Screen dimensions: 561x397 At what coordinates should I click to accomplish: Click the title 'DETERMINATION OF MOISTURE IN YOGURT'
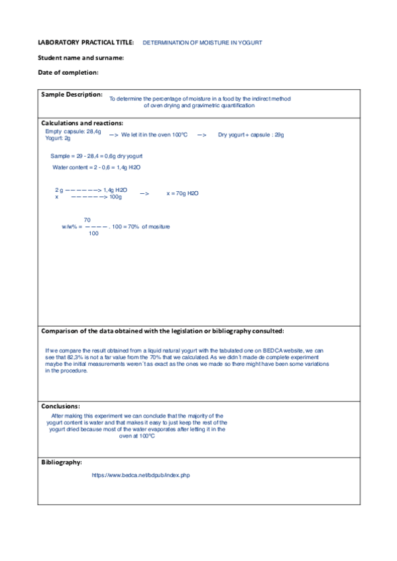tap(202, 42)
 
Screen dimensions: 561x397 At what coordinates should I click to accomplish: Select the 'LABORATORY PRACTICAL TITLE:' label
tap(86, 42)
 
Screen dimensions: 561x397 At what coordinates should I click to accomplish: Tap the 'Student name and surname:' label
tap(81, 58)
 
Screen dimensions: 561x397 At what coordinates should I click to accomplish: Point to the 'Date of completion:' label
tap(68, 72)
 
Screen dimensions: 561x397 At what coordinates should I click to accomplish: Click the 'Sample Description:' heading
tap(72, 95)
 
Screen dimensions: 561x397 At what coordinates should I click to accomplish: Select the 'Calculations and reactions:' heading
tap(82, 123)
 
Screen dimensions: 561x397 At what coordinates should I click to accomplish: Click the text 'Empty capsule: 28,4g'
tap(74, 131)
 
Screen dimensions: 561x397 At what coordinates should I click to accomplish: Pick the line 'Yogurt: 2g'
tap(58, 138)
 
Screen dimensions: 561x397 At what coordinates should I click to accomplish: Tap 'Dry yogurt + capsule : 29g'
tap(251, 135)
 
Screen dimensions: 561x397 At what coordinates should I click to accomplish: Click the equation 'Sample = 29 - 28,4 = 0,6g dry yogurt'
tap(95, 155)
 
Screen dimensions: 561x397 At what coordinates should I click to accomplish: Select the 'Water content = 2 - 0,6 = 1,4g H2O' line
tap(96, 168)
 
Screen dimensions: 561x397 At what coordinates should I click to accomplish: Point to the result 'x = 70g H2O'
tap(182, 193)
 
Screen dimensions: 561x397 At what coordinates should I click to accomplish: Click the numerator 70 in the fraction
tap(87, 220)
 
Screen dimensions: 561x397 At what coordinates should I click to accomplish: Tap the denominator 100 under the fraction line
tap(93, 234)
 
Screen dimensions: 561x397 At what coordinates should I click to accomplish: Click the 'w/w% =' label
tap(72, 226)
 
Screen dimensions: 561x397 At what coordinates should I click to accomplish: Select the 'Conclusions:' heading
tap(60, 406)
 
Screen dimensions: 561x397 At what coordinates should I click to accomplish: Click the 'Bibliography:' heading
tap(61, 462)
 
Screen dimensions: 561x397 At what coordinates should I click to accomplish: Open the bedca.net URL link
tap(141, 475)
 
